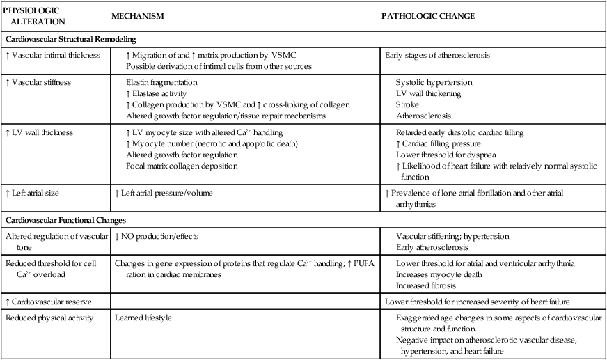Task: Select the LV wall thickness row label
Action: tap(40, 132)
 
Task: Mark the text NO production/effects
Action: tap(157, 237)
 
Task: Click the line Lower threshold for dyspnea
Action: tap(442, 154)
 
